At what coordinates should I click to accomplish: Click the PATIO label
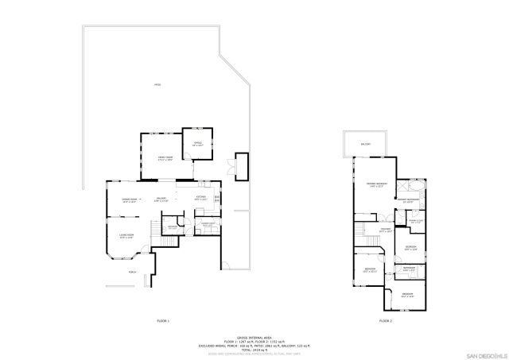157,85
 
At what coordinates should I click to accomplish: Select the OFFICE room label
198,143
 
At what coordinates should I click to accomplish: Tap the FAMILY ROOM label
165,160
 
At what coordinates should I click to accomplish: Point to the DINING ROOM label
130,199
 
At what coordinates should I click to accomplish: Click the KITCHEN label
201,199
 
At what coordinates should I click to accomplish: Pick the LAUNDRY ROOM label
208,225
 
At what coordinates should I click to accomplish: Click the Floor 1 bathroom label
173,228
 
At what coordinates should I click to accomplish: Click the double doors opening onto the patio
230,167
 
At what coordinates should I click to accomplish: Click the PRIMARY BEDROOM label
375,185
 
